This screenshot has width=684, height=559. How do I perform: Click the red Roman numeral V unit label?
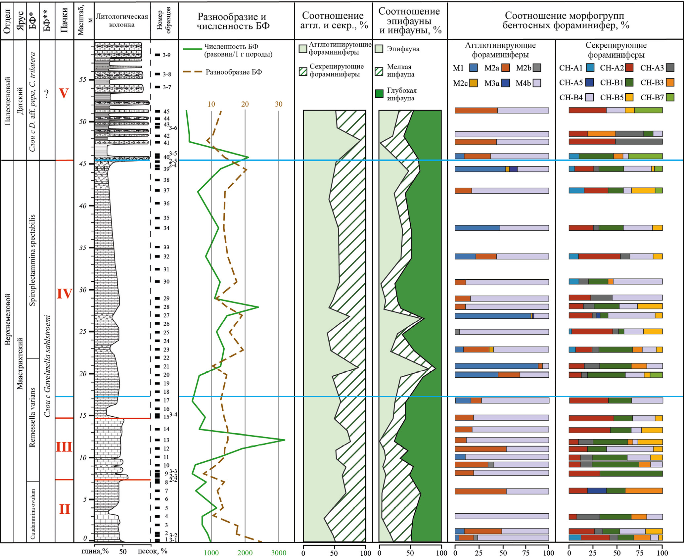[x=64, y=93]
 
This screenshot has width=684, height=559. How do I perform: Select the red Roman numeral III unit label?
[x=64, y=447]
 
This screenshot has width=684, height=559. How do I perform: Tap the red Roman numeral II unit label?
[x=65, y=509]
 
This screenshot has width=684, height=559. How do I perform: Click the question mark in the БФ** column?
[x=47, y=94]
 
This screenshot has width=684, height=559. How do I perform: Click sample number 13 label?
[x=166, y=440]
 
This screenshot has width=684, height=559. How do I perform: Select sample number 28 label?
[x=166, y=307]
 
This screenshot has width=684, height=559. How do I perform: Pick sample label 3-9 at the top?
[x=166, y=55]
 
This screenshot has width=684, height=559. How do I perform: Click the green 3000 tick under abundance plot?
[x=279, y=552]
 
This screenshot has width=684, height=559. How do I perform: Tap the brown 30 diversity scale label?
[x=279, y=104]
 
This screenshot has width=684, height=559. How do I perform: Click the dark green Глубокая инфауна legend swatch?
[x=379, y=94]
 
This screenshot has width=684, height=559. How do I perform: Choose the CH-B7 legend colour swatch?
[x=670, y=97]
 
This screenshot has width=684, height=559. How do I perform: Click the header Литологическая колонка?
[x=122, y=21]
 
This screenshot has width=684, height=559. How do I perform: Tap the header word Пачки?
[x=64, y=21]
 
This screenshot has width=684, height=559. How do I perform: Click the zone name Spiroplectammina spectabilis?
[x=32, y=260]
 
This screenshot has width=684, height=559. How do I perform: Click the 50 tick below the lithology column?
[x=123, y=552]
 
